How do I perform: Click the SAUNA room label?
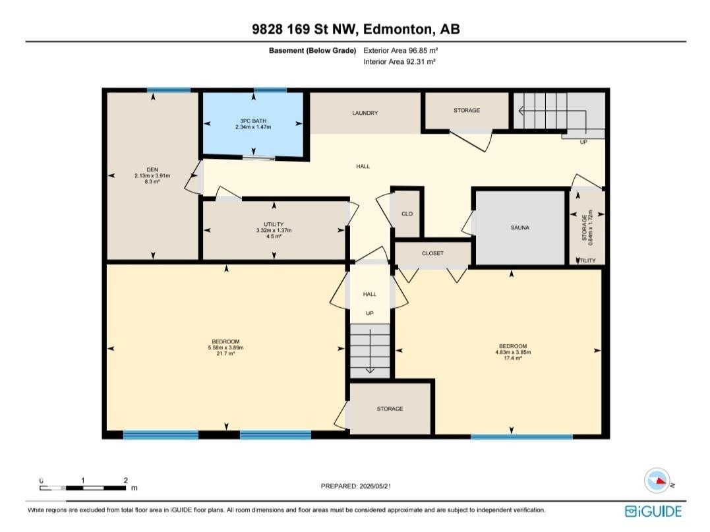pyautogui.click(x=520, y=227)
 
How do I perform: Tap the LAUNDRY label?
pyautogui.click(x=365, y=113)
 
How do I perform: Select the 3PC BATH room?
pyautogui.click(x=253, y=125)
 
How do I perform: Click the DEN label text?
pyautogui.click(x=152, y=170)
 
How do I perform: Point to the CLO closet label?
pyautogui.click(x=407, y=214)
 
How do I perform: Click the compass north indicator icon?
pyautogui.click(x=657, y=481)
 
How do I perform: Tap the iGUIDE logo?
pyautogui.click(x=653, y=511)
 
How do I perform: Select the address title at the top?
pyautogui.click(x=356, y=29)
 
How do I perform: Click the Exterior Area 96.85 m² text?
pyautogui.click(x=401, y=51)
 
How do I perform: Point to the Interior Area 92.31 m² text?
pyautogui.click(x=399, y=61)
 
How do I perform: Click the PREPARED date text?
pyautogui.click(x=356, y=486)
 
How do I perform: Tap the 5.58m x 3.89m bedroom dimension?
pyautogui.click(x=225, y=347)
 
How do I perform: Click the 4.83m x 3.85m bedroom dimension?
pyautogui.click(x=513, y=352)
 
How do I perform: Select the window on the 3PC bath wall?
pyautogui.click(x=270, y=90)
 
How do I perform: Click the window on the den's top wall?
pyautogui.click(x=169, y=90)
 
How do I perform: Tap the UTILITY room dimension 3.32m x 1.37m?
pyautogui.click(x=274, y=231)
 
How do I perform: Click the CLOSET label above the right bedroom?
pyautogui.click(x=433, y=254)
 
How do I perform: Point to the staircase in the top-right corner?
pyautogui.click(x=559, y=114)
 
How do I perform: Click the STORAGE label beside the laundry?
pyautogui.click(x=467, y=110)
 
